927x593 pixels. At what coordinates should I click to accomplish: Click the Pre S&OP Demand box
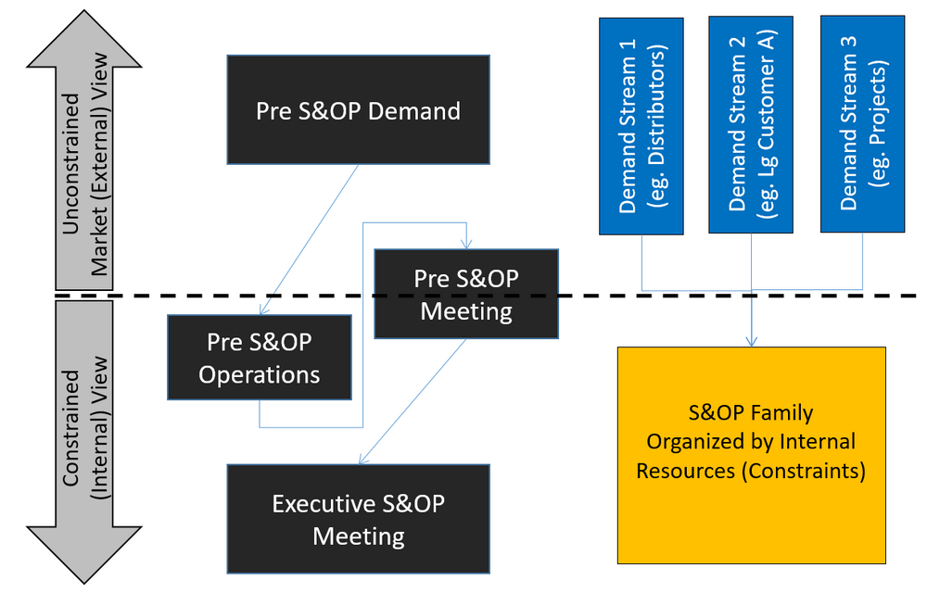(x=358, y=110)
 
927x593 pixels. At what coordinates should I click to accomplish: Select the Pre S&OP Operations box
(x=259, y=358)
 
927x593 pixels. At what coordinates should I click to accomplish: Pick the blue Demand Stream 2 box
(x=752, y=125)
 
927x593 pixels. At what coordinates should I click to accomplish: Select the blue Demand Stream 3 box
(x=862, y=125)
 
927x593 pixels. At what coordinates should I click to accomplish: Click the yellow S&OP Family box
(x=751, y=455)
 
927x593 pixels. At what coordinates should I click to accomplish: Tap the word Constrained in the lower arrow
(x=71, y=422)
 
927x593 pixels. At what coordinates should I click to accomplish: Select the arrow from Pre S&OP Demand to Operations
(x=309, y=239)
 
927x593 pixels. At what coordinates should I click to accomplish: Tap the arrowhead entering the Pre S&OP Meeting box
(x=466, y=244)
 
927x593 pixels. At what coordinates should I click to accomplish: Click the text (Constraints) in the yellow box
(x=803, y=471)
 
